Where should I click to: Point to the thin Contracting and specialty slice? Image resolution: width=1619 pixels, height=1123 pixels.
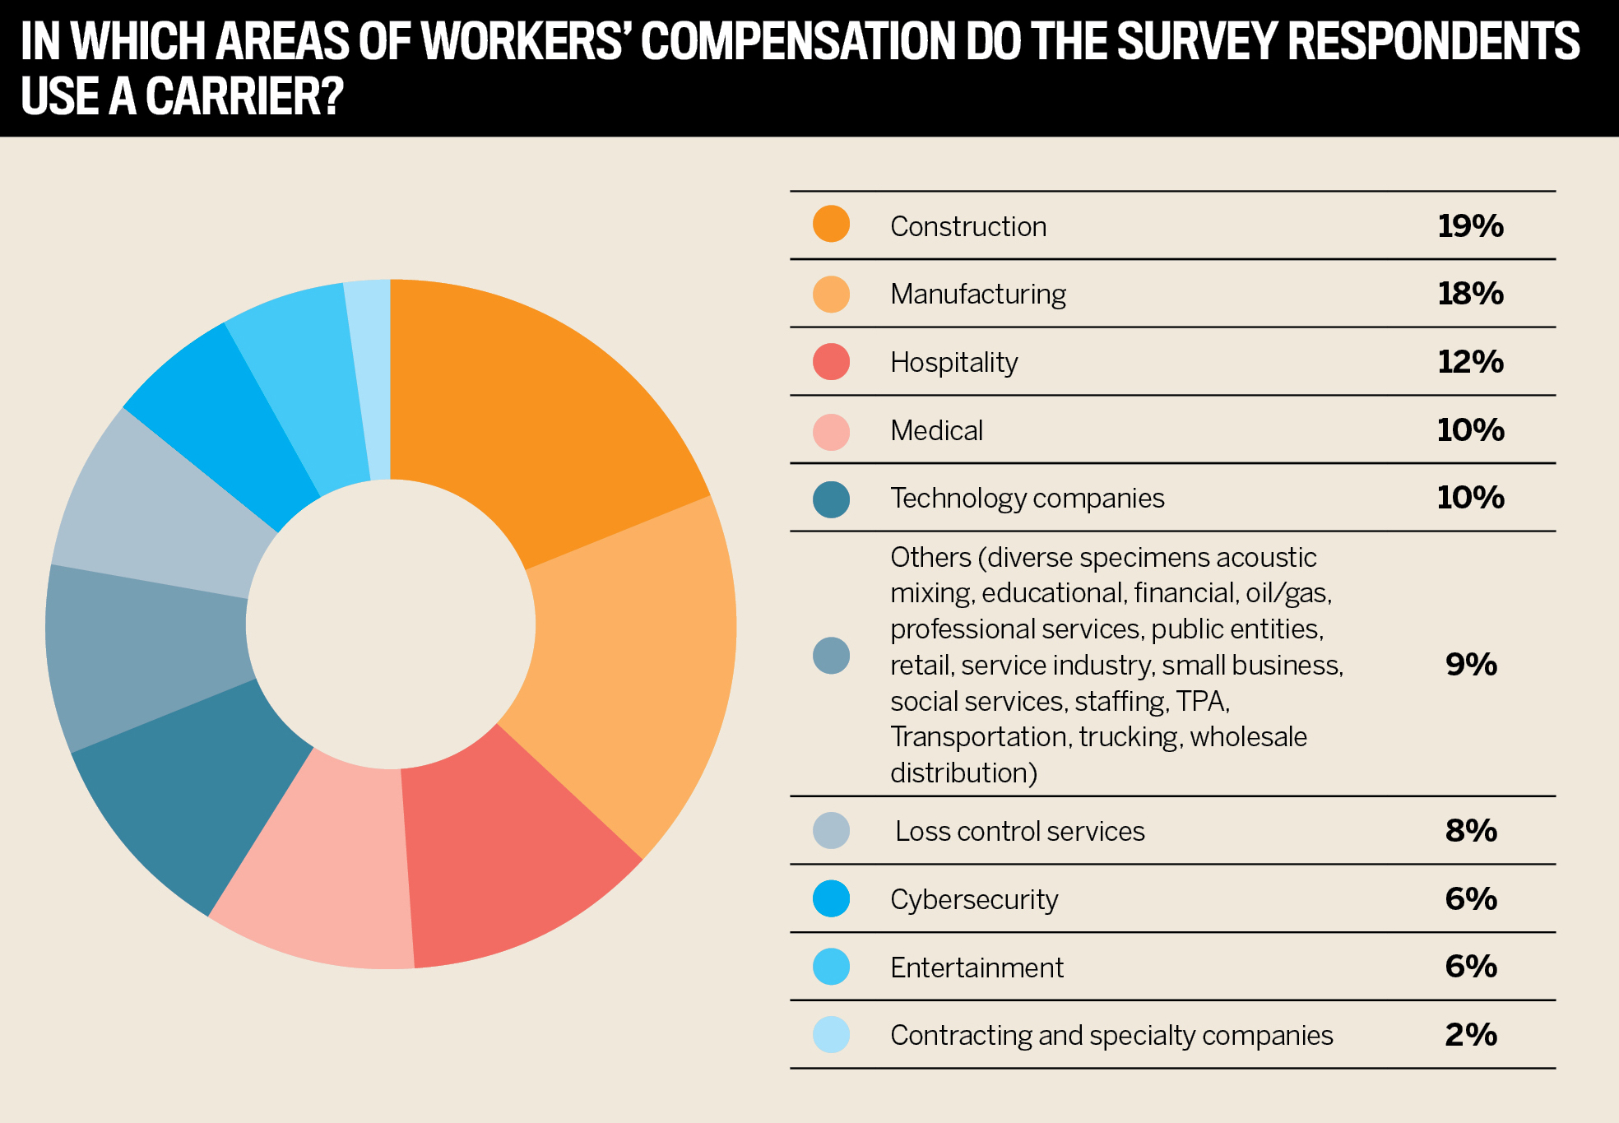point(369,378)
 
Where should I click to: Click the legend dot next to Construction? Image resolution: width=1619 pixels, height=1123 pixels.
point(831,225)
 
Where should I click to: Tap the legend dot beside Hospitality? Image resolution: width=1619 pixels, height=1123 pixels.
point(831,362)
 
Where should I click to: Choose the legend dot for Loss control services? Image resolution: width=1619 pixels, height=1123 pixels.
point(831,831)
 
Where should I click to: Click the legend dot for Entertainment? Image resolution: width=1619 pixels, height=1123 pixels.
point(831,967)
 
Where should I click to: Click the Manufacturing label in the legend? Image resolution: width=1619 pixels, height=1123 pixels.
point(977,294)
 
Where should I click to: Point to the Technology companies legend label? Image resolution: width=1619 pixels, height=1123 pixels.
point(1027,499)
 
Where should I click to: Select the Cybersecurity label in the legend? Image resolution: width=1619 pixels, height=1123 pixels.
point(974,899)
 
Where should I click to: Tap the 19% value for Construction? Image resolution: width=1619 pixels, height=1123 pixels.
point(1470,225)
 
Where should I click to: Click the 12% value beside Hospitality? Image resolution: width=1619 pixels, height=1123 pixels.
point(1470,362)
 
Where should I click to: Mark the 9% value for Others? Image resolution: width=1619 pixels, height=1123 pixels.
point(1471,664)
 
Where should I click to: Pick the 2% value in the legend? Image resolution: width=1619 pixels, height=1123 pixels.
point(1471,1035)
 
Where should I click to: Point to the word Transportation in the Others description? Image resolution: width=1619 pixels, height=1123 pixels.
point(978,737)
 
